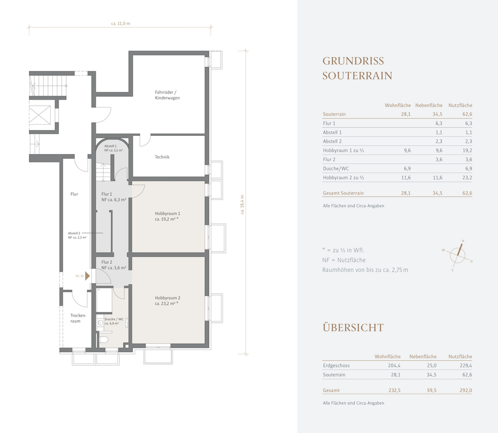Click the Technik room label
point(162,157)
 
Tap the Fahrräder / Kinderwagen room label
point(167,95)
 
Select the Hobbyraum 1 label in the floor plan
point(167,214)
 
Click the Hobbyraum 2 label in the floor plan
point(167,298)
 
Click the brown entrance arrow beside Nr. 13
point(87,276)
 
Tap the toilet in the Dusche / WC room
point(104,339)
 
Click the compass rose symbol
point(457,255)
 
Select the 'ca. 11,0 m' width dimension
point(121,23)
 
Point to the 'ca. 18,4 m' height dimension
point(243,205)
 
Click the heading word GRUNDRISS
point(353,61)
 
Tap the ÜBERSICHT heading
point(353,327)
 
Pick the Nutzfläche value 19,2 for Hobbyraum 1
point(467,151)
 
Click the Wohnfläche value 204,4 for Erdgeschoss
point(394,366)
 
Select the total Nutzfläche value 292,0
point(466,391)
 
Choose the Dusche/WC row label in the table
point(336,169)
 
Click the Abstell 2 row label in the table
point(332,141)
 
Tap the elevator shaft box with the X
point(40,114)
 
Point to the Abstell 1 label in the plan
point(111,146)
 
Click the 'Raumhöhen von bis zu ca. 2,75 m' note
point(365,270)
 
